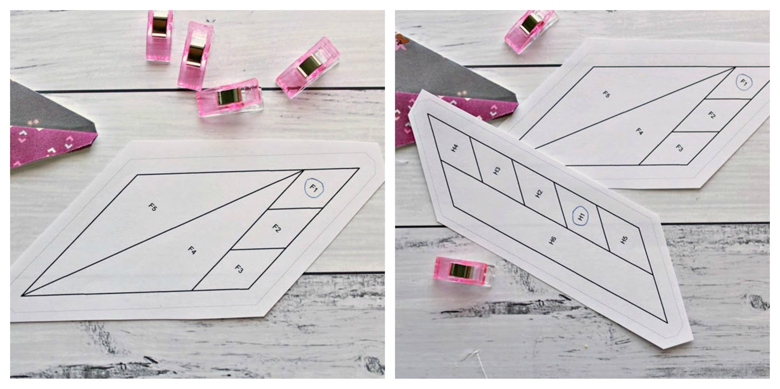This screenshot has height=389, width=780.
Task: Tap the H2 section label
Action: click(539, 193)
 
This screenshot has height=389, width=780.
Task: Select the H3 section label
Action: click(497, 171)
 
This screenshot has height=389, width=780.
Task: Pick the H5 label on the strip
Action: click(624, 240)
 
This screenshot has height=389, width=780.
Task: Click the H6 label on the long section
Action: click(552, 240)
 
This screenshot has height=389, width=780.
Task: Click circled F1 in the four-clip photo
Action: click(313, 187)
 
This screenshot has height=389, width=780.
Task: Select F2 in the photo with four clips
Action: click(276, 228)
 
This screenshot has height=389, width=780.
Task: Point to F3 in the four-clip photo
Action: click(239, 268)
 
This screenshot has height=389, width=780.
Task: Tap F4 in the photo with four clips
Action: click(192, 251)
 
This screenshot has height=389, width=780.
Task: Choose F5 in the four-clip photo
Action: click(153, 207)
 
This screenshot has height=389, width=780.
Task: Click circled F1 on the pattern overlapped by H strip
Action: click(743, 82)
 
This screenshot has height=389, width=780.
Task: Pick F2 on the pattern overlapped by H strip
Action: click(712, 115)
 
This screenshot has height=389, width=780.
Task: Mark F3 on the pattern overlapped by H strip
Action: click(680, 148)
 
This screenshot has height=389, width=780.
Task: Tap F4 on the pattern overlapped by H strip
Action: click(640, 130)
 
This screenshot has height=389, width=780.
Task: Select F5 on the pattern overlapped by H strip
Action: click(606, 94)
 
